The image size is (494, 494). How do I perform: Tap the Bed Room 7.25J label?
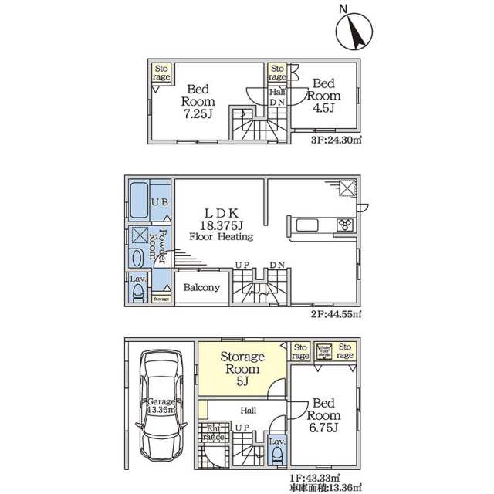[x=198, y=101]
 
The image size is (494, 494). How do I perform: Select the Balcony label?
[x=202, y=287]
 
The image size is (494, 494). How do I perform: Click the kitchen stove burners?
[x=344, y=225]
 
